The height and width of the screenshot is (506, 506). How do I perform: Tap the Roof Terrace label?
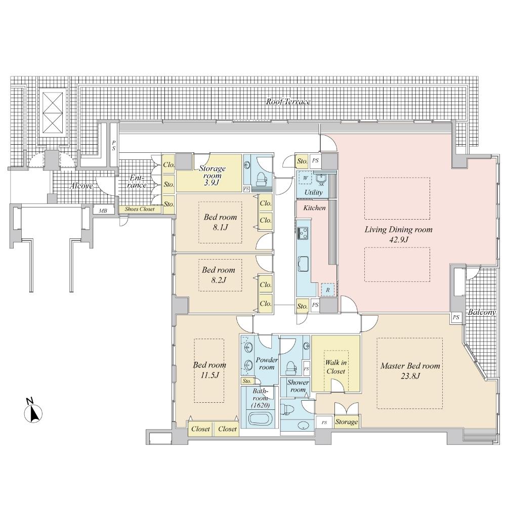288,102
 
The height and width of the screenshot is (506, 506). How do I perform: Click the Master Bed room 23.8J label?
410,371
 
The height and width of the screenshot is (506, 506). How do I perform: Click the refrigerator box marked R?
328,290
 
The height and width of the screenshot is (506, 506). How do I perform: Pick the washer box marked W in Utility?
306,179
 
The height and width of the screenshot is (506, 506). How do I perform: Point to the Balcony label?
481,312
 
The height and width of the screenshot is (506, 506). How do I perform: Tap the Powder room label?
266,363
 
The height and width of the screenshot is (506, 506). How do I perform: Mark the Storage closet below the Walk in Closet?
346,421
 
